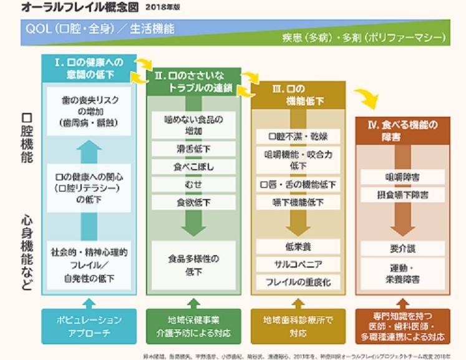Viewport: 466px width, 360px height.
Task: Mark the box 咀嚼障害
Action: pos(402,177)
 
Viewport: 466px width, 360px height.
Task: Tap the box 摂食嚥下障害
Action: pos(402,195)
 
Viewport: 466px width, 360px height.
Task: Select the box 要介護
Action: pos(402,248)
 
